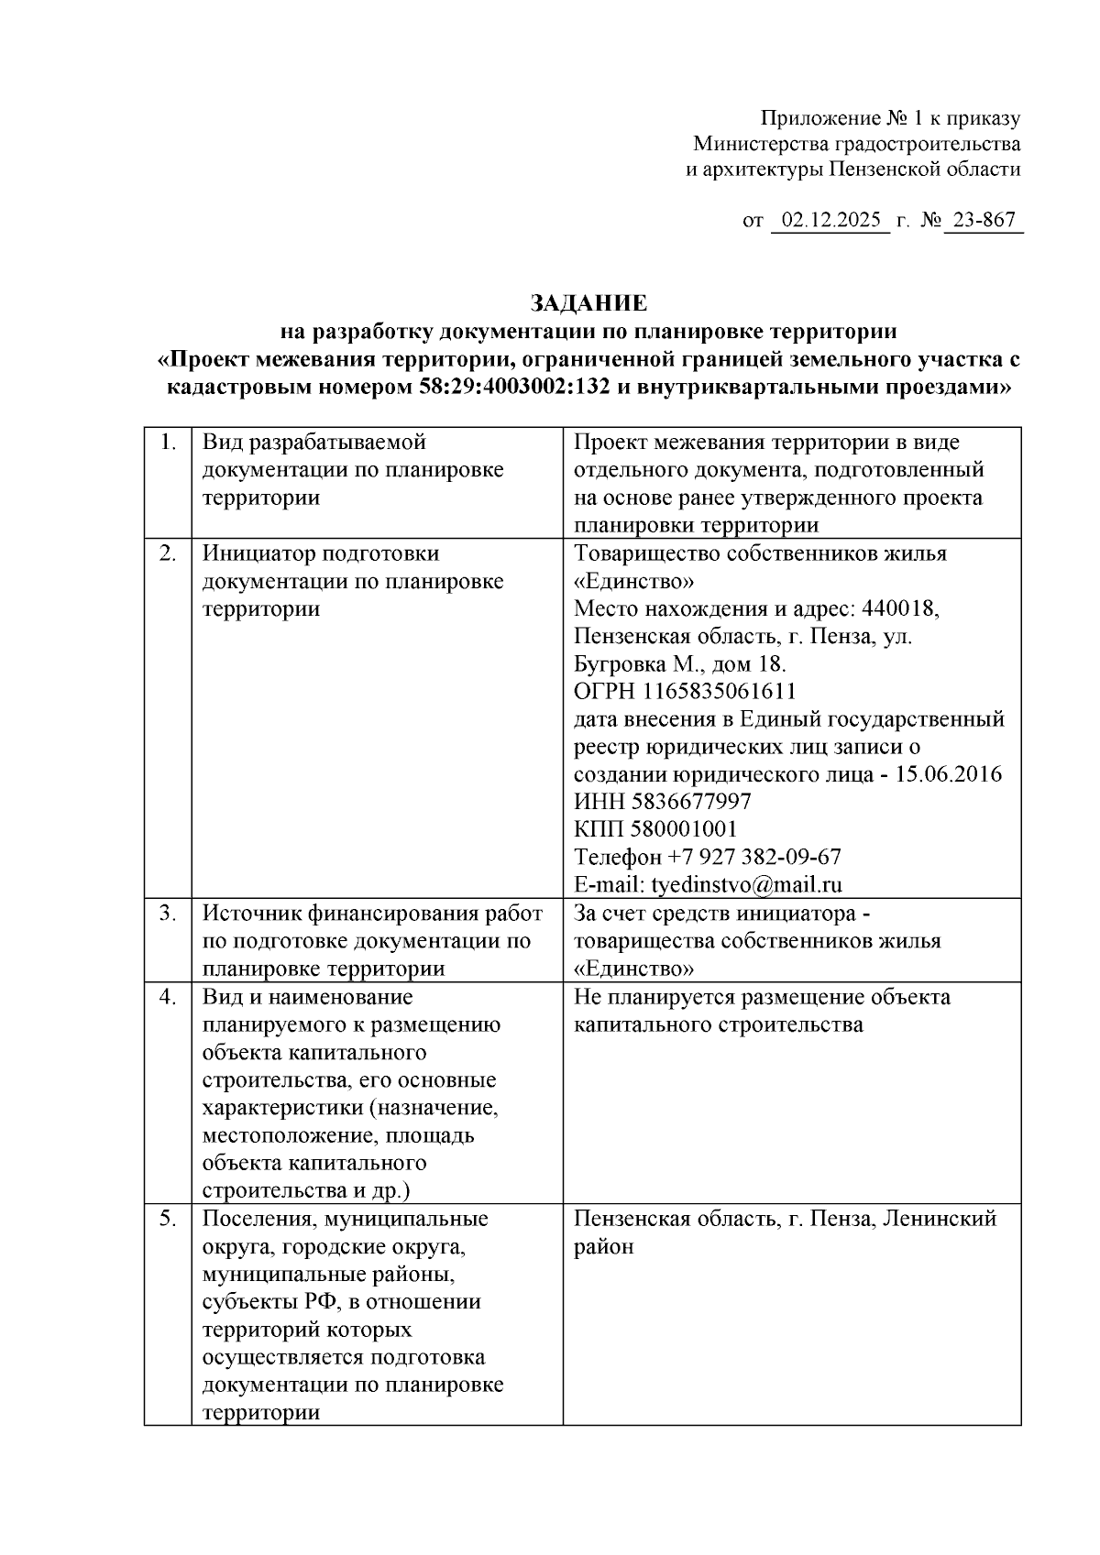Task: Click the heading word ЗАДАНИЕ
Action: pyautogui.click(x=588, y=303)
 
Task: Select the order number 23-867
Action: pyautogui.click(x=984, y=221)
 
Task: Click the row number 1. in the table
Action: pyautogui.click(x=168, y=443)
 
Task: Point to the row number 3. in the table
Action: pyautogui.click(x=168, y=914)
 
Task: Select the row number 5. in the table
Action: pyautogui.click(x=168, y=1219)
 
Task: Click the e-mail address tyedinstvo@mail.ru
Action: pyautogui.click(x=746, y=885)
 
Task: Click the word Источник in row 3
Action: pyautogui.click(x=247, y=914)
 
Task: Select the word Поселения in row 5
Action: pyautogui.click(x=256, y=1219)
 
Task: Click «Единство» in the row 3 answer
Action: pyautogui.click(x=633, y=969)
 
